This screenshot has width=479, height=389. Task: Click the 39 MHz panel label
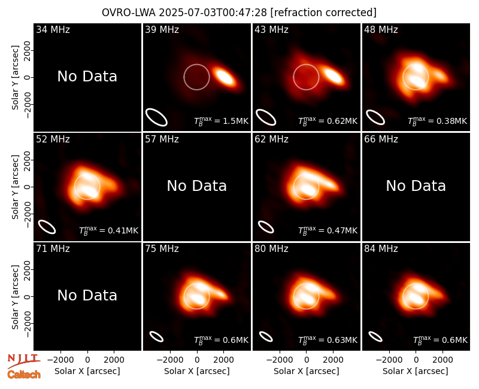click(x=162, y=29)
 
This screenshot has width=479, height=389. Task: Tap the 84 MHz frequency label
click(x=381, y=249)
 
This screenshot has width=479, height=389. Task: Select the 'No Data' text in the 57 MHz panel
click(x=197, y=186)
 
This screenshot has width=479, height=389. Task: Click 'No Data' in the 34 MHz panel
click(x=87, y=77)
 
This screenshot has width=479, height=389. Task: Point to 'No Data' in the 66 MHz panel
click(x=416, y=186)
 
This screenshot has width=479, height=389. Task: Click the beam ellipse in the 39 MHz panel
click(x=156, y=117)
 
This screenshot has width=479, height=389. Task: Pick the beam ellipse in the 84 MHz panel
click(x=375, y=336)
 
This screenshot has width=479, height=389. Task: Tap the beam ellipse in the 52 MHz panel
click(x=47, y=227)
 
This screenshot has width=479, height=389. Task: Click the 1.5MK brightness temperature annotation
click(x=221, y=121)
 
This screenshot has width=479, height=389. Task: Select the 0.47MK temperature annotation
click(x=328, y=230)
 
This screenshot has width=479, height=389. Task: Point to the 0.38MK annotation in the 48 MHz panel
click(x=438, y=121)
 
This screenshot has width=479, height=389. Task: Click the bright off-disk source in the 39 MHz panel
click(x=224, y=77)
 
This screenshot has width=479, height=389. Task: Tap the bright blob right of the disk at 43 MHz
click(x=334, y=76)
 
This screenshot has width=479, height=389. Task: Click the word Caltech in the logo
click(x=24, y=375)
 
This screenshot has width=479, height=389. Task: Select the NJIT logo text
click(x=23, y=358)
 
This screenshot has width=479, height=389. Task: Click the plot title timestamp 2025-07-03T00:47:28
click(x=213, y=13)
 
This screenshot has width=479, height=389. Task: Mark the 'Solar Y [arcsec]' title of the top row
click(x=15, y=78)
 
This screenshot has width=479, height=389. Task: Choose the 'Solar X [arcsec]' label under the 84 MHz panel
click(x=416, y=371)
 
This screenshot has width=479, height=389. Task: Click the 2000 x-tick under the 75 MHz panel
click(x=223, y=360)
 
